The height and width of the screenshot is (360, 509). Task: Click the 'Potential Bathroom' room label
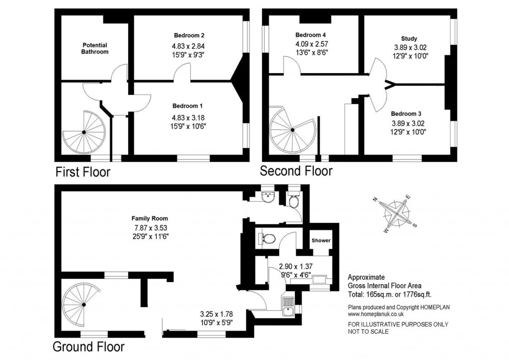[94, 48]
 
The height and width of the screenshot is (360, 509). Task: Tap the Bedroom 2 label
[189, 35]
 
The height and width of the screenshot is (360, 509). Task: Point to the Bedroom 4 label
[311, 35]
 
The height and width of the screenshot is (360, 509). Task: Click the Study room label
[409, 38]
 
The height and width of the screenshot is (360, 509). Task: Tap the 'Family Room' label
[150, 218]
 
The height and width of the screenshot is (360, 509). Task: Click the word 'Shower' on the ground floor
[321, 241]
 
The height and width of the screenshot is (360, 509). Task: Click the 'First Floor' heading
[83, 173]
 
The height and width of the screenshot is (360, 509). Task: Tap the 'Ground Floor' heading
[88, 346]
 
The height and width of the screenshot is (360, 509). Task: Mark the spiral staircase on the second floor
[292, 129]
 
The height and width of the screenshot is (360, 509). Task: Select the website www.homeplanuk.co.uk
[376, 314]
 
